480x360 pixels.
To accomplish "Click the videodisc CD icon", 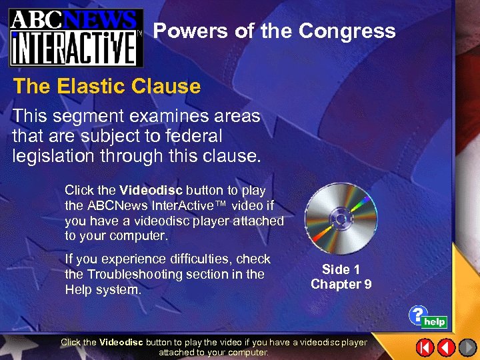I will (341, 218).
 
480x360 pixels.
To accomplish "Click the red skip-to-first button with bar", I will (425, 347).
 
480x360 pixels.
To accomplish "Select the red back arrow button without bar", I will (446, 347).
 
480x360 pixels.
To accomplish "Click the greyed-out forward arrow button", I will (467, 347).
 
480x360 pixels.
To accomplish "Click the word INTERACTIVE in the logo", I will (75, 47).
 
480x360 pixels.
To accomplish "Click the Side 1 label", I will (341, 269).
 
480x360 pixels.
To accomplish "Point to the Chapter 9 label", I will (341, 284).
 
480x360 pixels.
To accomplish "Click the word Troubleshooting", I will (133, 274).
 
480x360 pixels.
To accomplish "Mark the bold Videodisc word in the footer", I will (121, 342).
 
